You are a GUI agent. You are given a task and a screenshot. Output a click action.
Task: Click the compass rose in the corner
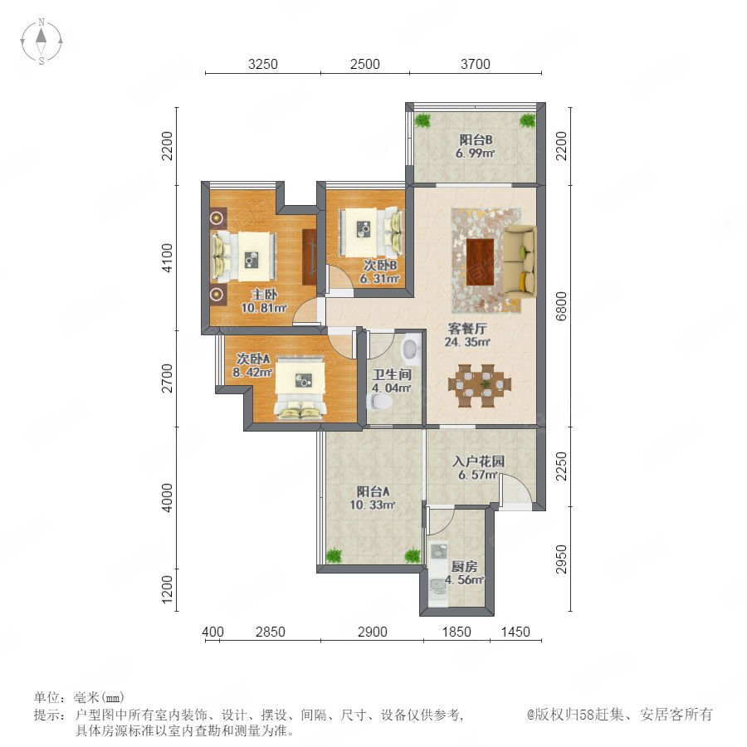(41, 41)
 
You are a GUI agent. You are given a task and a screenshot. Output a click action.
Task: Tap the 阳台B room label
(476, 139)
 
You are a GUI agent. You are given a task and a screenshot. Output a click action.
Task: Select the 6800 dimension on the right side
(562, 306)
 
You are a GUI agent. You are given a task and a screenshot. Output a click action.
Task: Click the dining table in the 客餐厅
(479, 385)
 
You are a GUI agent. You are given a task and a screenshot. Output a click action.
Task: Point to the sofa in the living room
(520, 262)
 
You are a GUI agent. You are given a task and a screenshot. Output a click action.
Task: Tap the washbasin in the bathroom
(410, 349)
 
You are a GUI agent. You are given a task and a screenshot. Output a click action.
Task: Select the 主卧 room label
(264, 295)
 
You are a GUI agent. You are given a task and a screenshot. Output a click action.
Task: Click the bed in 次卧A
(300, 388)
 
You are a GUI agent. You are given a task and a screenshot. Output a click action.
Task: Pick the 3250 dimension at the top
(262, 64)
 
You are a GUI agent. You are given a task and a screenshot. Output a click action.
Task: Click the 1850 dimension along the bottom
(456, 632)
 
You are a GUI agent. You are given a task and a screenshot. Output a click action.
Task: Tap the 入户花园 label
(478, 461)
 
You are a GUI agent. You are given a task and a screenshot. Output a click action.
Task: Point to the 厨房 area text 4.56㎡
(465, 580)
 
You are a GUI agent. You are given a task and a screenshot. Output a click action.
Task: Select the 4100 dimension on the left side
(167, 258)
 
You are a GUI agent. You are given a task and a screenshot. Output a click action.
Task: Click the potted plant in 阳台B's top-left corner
(422, 120)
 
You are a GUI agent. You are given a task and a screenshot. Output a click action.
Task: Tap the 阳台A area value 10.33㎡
(372, 505)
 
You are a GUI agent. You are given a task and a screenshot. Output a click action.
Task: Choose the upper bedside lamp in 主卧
(217, 218)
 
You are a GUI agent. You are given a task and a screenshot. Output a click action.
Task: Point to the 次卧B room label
(380, 265)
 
